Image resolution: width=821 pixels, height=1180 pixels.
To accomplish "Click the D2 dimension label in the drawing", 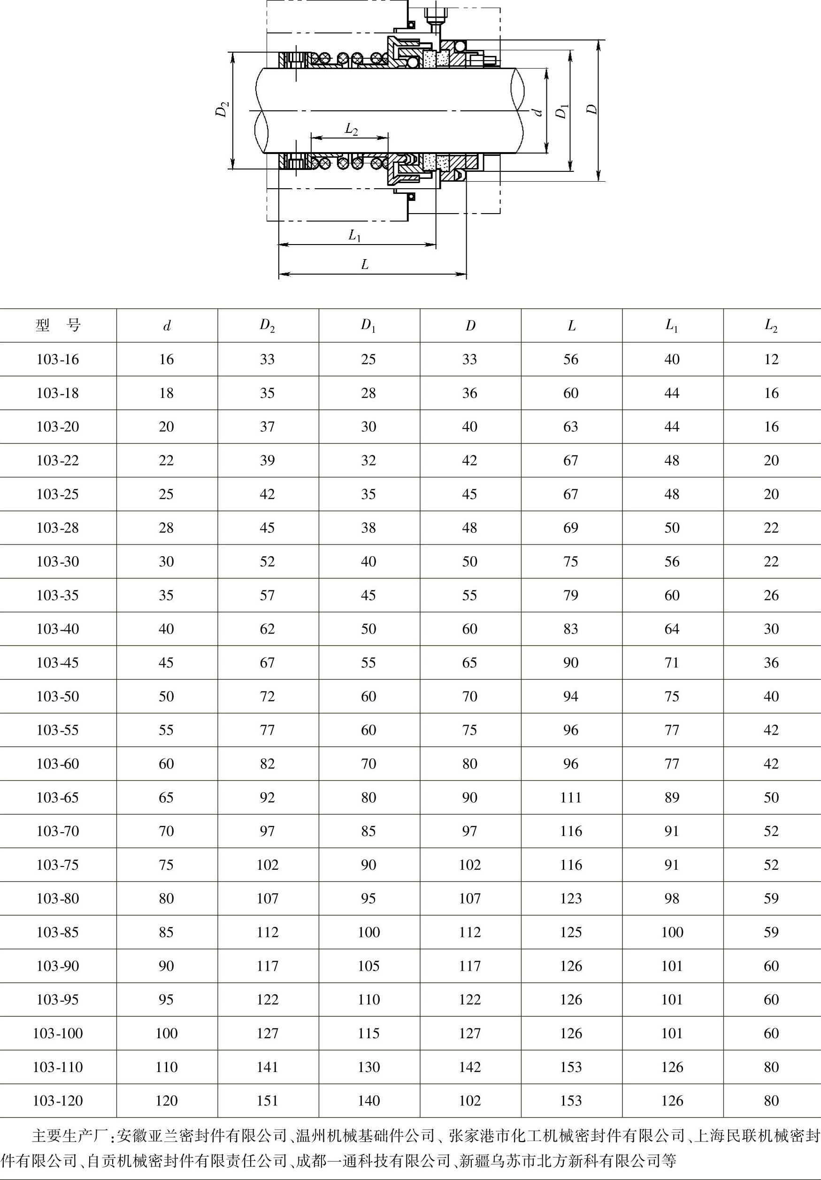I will tap(222, 110).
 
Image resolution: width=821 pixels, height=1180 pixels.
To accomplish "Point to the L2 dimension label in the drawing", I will tap(351, 129).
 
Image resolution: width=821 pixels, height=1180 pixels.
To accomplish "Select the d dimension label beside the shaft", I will tap(538, 111).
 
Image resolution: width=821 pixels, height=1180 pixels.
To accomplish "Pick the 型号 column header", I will tap(58, 325).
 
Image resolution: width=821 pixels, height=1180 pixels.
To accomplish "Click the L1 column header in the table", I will tap(672, 325).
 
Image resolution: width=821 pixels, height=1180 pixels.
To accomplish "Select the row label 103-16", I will tap(58, 359).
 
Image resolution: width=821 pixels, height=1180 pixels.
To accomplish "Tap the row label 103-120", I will tap(58, 1100).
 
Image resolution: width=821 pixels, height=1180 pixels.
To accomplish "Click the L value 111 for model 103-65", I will tap(571, 797).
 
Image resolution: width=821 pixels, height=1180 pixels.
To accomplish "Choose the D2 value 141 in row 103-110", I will tap(267, 1067).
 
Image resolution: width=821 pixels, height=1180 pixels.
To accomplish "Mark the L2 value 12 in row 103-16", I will tap(771, 359).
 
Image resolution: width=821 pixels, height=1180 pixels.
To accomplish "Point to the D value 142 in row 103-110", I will tap(470, 1067).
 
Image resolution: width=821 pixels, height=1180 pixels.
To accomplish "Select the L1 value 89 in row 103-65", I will tap(672, 797).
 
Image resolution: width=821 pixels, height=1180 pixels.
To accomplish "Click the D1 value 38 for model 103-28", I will tap(368, 528).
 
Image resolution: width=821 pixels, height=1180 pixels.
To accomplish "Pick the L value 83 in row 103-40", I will tap(571, 628).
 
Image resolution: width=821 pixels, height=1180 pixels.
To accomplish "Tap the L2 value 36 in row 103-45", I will tap(771, 662).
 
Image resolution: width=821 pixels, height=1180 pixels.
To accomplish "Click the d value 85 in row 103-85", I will tap(166, 932).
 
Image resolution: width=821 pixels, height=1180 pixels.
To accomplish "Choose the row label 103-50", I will tap(58, 696).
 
